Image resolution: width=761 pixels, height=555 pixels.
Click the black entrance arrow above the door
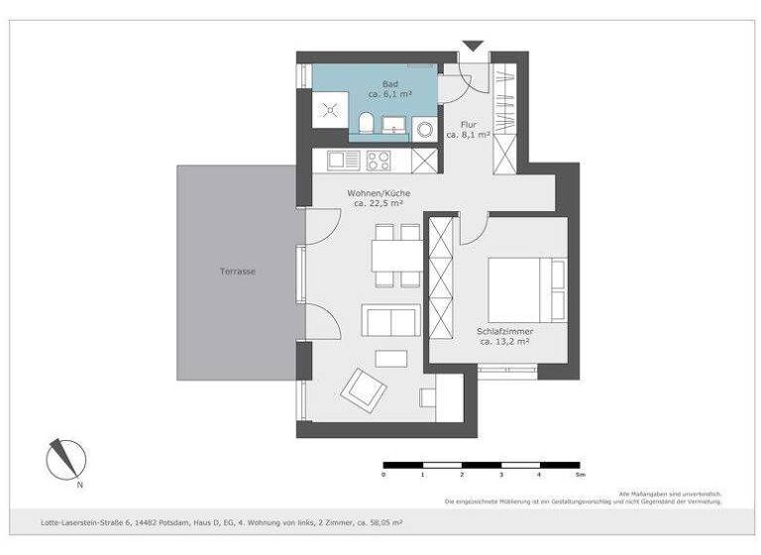pyautogui.click(x=473, y=46)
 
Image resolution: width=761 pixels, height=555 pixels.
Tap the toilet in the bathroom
pyautogui.click(x=366, y=125)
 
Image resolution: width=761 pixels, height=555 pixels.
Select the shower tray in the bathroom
pyautogui.click(x=328, y=110)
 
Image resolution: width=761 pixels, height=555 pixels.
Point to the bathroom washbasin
pyautogui.click(x=396, y=126)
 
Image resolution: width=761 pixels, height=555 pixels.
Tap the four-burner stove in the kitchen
pyautogui.click(x=379, y=159)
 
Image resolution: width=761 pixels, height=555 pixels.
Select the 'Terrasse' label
pyautogui.click(x=238, y=271)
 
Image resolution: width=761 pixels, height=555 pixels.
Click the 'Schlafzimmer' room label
pyautogui.click(x=505, y=332)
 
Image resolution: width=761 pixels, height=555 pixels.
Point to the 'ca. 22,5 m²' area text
pyautogui.click(x=379, y=203)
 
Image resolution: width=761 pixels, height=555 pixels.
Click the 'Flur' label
pyautogui.click(x=469, y=125)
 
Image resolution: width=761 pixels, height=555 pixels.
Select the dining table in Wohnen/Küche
pyautogui.click(x=396, y=256)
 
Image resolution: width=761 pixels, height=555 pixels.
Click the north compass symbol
pyautogui.click(x=66, y=459)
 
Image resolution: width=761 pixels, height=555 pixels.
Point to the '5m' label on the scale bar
pyautogui.click(x=580, y=475)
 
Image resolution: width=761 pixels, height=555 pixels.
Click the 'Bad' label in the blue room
pyautogui.click(x=390, y=84)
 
